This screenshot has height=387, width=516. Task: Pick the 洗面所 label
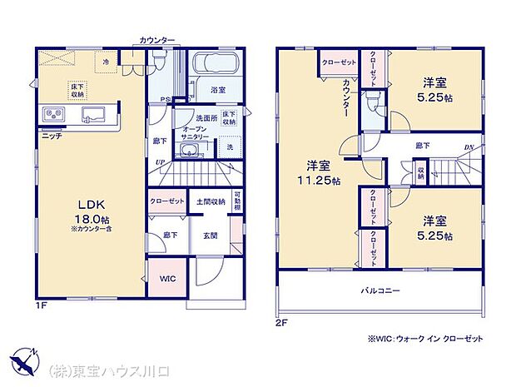point(206,117)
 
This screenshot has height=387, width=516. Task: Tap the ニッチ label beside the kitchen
point(50,135)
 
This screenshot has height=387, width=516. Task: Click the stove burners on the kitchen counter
point(51,113)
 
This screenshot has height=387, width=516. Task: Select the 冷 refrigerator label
point(106,61)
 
